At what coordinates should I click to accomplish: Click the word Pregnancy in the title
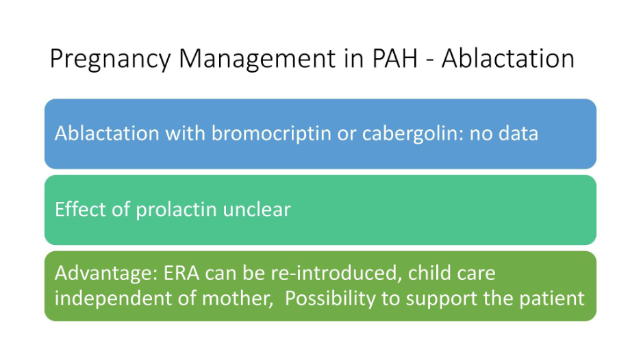click(110, 60)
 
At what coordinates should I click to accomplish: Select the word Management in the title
click(257, 60)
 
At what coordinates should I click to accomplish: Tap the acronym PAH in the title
click(395, 58)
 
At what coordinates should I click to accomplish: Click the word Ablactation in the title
click(507, 58)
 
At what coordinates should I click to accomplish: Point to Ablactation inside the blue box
click(107, 133)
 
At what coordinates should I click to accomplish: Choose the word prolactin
click(176, 210)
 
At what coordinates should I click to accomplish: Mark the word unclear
click(257, 209)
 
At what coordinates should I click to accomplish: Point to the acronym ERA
click(181, 273)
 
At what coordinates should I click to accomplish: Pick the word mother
click(238, 298)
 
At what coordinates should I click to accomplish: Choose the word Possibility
click(330, 298)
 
